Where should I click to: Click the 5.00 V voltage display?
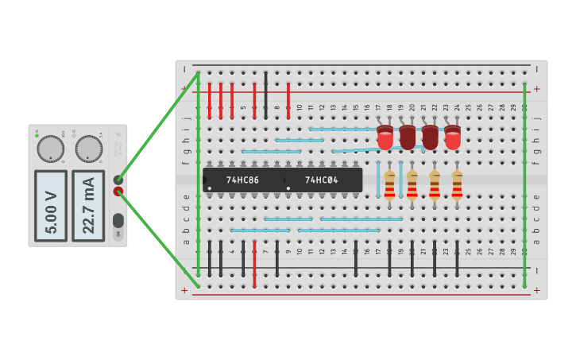coord(51,206)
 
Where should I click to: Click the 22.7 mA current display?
coord(88,206)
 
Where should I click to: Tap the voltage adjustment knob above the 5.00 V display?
coord(51,149)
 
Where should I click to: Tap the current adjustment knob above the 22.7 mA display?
coord(88,149)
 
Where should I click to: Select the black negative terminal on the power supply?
coord(118,180)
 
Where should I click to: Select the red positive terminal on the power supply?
coord(118,192)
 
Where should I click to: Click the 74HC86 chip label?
coord(242,180)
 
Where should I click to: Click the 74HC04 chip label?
coord(321,180)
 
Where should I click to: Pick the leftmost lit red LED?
coord(385,137)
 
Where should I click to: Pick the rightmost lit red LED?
coord(453,137)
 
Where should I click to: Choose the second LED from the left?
coord(408,137)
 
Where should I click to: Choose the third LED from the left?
coord(430,137)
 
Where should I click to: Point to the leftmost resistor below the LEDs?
coord(389,184)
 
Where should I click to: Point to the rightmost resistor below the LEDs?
coord(457,184)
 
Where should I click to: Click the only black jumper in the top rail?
coord(265,83)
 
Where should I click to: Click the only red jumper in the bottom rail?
coord(254,264)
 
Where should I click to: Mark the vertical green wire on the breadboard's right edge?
coord(524,183)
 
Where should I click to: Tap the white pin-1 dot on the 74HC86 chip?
coord(210,188)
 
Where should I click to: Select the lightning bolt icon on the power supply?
coord(118,136)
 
